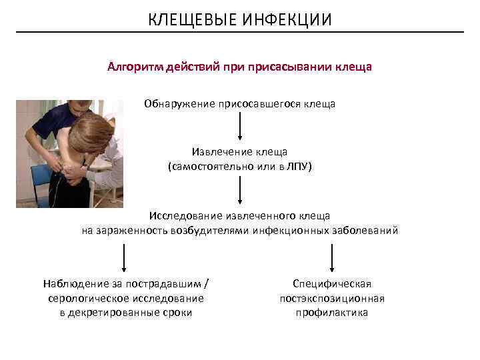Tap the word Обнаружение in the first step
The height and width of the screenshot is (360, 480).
tap(177, 104)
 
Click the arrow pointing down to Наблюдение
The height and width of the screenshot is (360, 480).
tap(123, 257)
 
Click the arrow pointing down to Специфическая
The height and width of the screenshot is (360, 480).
tap(332, 257)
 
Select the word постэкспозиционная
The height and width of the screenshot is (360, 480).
tap(332, 298)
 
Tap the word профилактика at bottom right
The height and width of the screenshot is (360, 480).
tap(332, 313)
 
